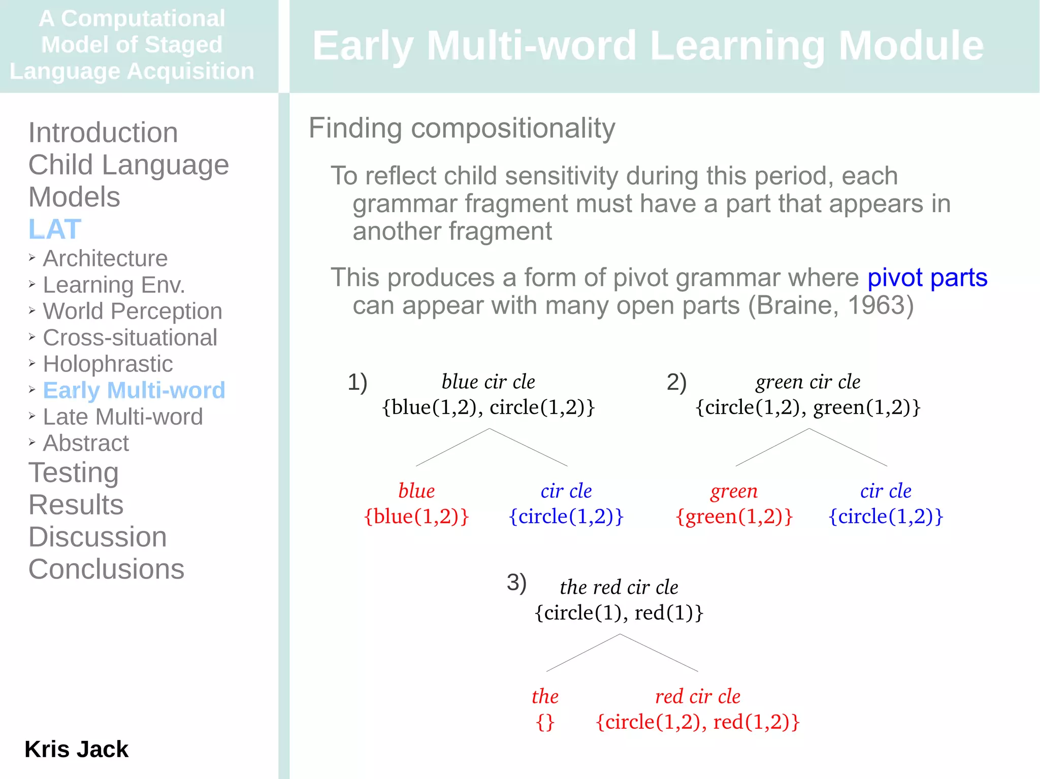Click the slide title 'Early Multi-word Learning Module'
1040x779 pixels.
click(648, 46)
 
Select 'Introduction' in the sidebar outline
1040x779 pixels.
click(103, 133)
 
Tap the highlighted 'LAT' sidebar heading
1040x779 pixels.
click(55, 229)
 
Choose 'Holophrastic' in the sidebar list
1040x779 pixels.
click(108, 364)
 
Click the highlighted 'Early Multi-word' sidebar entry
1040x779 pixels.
click(134, 390)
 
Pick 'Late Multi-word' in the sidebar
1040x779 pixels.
click(123, 417)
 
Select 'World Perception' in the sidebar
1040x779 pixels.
click(133, 311)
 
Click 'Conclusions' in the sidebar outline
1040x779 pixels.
click(106, 569)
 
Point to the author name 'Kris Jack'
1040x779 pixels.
click(77, 749)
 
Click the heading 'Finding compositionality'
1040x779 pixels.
click(462, 128)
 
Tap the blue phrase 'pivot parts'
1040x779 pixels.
click(927, 278)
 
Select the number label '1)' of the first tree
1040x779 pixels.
click(357, 382)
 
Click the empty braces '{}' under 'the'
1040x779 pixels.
click(545, 722)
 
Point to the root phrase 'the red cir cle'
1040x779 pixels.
click(619, 587)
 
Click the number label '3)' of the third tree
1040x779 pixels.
click(516, 582)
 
